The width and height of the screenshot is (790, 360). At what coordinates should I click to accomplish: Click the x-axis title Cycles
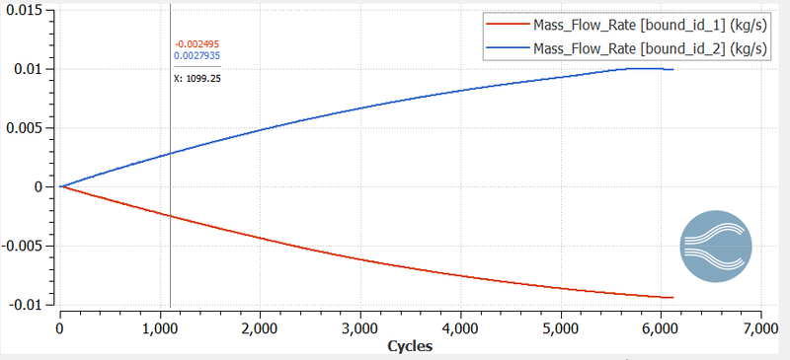pyautogui.click(x=409, y=346)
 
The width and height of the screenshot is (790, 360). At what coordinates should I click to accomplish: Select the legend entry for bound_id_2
pyautogui.click(x=632, y=46)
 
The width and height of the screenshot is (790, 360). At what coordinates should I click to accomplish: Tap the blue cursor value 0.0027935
pyautogui.click(x=197, y=56)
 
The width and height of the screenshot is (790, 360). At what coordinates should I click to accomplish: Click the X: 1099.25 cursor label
pyautogui.click(x=197, y=77)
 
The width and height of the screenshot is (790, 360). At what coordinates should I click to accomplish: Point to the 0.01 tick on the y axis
pyautogui.click(x=31, y=69)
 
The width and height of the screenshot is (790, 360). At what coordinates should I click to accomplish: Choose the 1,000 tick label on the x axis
pyautogui.click(x=160, y=327)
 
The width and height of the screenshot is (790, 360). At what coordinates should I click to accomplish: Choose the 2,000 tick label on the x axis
pyautogui.click(x=260, y=327)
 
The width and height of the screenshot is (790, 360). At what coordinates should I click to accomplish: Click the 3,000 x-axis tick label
pyautogui.click(x=359, y=327)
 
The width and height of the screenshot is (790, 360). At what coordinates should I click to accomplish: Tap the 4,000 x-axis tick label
pyautogui.click(x=459, y=327)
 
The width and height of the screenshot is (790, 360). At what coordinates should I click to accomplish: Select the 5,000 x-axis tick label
pyautogui.click(x=560, y=327)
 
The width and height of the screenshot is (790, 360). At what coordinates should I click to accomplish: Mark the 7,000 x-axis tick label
pyautogui.click(x=759, y=327)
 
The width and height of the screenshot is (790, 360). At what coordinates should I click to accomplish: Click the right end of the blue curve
pyautogui.click(x=672, y=69)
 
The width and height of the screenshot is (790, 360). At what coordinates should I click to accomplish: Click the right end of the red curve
pyautogui.click(x=672, y=297)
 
